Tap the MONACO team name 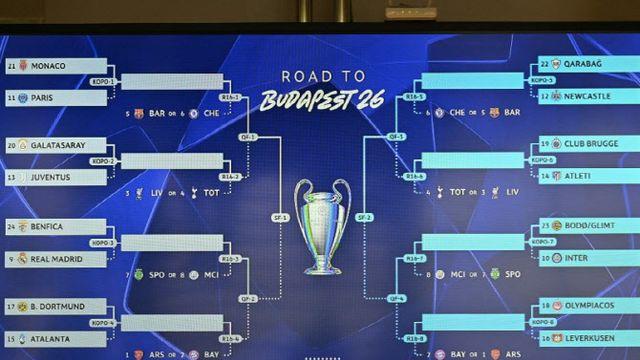49,66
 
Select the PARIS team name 43,98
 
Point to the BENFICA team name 48,227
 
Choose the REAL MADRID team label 56,259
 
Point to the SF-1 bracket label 280,218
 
